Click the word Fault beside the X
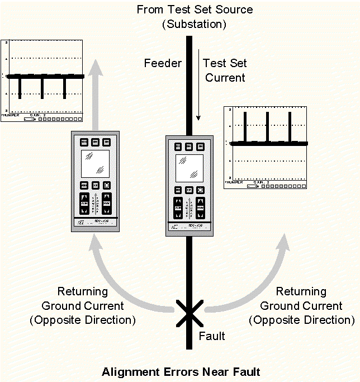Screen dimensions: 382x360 pyautogui.click(x=212, y=336)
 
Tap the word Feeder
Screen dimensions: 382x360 pyautogui.click(x=163, y=63)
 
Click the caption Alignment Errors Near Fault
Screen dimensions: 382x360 pyautogui.click(x=181, y=371)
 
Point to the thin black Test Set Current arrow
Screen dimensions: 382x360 pyautogui.click(x=198, y=84)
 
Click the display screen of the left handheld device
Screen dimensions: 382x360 pyautogui.click(x=94, y=164)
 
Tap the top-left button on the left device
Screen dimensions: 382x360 pyautogui.click(x=83, y=142)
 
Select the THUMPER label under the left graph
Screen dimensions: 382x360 pyautogui.click(x=11, y=115)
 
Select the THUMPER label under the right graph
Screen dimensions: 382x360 pyautogui.click(x=234, y=182)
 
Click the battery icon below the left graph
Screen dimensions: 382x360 pyautogui.click(x=29, y=119)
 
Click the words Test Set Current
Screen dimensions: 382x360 pyautogui.click(x=225, y=70)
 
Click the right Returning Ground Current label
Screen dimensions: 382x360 pyautogui.click(x=301, y=305)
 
